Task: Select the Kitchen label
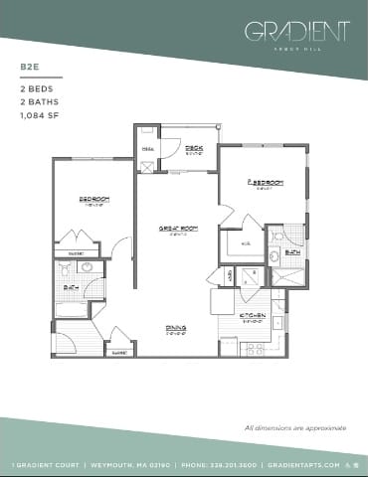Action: coord(253,317)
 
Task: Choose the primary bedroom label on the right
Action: coord(263,183)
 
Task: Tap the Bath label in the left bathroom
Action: coord(70,289)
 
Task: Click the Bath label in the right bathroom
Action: coord(291,252)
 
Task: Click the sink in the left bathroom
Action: coord(86,269)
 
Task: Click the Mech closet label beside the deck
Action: coord(148,148)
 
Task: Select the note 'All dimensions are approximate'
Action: coord(294,427)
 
